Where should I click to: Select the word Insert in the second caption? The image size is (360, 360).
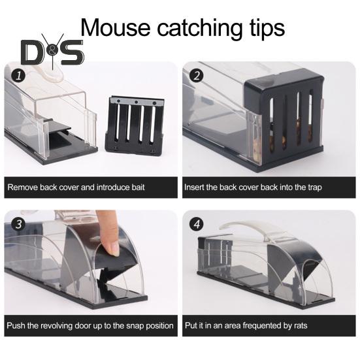[195, 187]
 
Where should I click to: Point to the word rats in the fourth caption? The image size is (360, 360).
[297, 325]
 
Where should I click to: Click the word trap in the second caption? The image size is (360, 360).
[314, 187]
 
